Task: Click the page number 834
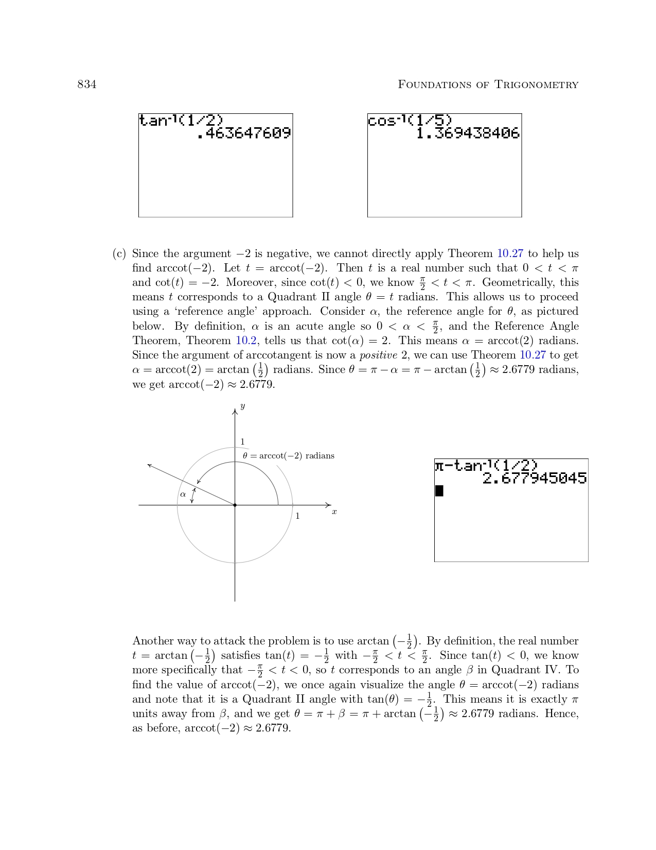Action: click(86, 84)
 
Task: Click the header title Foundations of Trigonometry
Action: click(488, 84)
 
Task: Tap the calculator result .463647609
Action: click(244, 133)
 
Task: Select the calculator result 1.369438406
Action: click(467, 133)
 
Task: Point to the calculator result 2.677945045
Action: click(534, 479)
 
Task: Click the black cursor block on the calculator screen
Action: click(439, 491)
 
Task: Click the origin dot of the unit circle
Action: click(235, 505)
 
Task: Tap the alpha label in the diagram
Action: click(183, 495)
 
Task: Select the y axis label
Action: click(242, 406)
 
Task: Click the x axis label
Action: click(334, 512)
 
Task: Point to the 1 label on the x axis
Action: click(297, 516)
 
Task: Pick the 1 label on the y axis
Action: click(242, 442)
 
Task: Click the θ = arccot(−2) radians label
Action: click(288, 456)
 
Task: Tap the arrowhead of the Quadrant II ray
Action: click(150, 466)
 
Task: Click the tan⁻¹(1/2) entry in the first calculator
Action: click(181, 121)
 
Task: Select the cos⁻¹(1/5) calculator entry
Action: click(410, 121)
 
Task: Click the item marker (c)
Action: click(119, 254)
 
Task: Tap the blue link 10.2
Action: click(246, 341)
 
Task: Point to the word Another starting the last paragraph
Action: click(153, 641)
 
